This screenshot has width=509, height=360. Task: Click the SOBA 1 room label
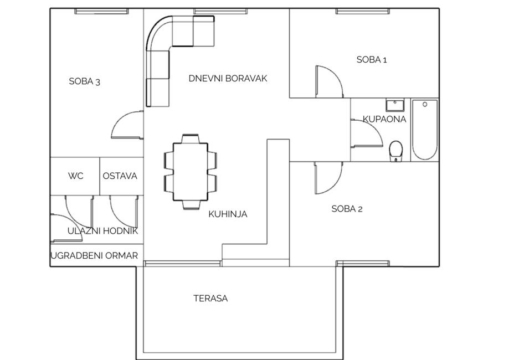coord(372,60)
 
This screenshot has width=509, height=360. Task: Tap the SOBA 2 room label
coord(347,209)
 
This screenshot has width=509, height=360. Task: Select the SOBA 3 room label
coord(84,81)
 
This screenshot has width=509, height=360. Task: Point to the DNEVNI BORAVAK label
coord(228,78)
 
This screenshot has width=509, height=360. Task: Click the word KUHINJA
coord(228,214)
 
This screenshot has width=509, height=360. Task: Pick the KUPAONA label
coord(384,119)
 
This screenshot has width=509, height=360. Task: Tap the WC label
coord(76,176)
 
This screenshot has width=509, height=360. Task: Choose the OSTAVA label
coord(120,176)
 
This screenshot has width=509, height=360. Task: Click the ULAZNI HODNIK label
coord(102,231)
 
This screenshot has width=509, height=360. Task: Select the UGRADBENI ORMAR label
coord(94,256)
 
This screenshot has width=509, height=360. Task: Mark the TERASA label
coord(210,299)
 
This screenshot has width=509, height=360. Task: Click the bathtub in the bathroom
coord(425,130)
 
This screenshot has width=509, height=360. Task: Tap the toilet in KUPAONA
coord(395,151)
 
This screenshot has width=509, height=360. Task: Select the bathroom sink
coord(395,105)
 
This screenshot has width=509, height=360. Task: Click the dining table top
coord(191,172)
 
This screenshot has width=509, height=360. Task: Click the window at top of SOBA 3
coord(101,12)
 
